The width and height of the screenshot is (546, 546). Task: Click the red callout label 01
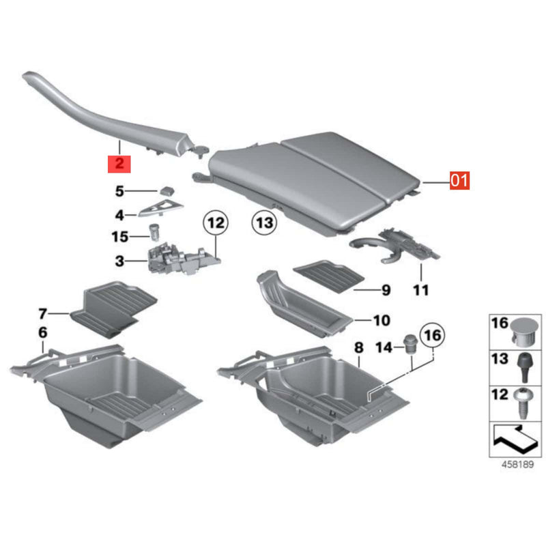[x=459, y=180]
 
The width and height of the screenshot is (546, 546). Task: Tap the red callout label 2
[x=119, y=164]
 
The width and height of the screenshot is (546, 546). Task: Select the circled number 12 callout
[x=216, y=223]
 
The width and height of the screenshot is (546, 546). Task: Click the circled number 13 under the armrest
[x=264, y=222]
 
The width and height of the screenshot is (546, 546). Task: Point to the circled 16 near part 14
[x=433, y=335]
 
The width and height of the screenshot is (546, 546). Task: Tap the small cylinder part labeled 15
[x=154, y=233]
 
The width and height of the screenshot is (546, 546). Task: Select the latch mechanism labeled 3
[x=184, y=260]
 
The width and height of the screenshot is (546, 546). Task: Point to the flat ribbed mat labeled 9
[x=329, y=276]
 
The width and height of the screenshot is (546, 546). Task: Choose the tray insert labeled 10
[x=301, y=303]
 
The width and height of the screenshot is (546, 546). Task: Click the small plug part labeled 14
[x=410, y=345]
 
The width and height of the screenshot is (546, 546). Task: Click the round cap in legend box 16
[x=524, y=332]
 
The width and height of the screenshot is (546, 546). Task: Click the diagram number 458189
[x=517, y=464]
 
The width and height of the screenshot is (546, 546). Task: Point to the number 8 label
[x=359, y=347]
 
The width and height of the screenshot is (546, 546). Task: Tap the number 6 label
[x=42, y=332]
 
